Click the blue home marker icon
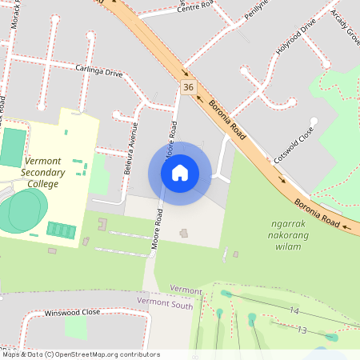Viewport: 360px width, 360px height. [179, 173]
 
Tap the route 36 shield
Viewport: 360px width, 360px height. [188, 86]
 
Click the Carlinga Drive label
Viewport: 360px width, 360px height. [99, 72]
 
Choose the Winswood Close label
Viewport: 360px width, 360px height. [72, 312]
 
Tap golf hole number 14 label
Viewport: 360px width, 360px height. [294, 310]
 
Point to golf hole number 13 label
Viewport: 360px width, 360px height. [302, 330]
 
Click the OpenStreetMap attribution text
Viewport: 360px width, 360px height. [80, 354]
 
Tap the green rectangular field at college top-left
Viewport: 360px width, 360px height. [13, 147]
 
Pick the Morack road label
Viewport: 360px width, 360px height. [18, 16]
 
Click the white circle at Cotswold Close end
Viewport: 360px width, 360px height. [314, 122]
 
